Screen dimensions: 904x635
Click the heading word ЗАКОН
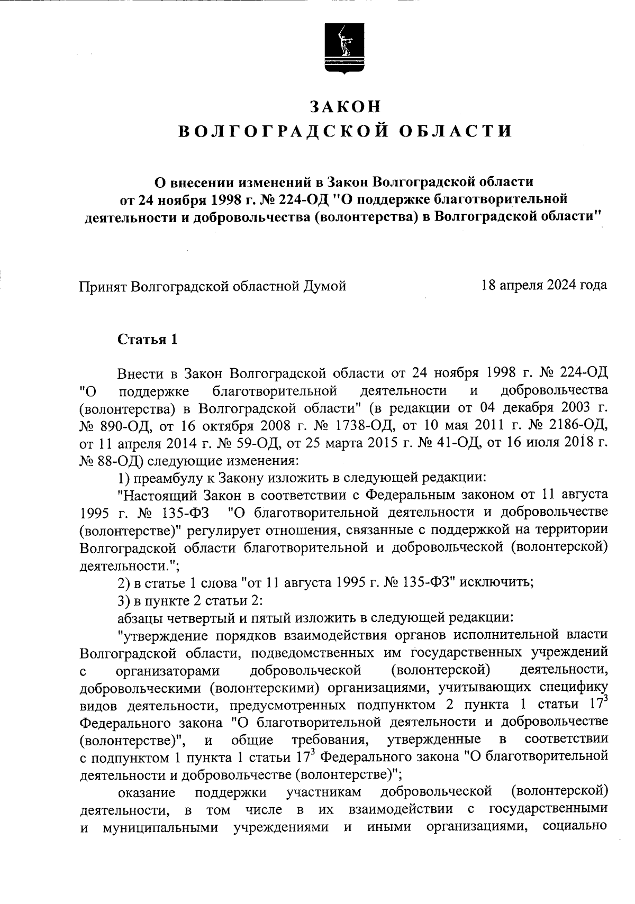pyautogui.click(x=345, y=106)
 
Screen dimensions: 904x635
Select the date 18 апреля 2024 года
pyautogui.click(x=544, y=286)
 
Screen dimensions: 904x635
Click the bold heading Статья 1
pyautogui.click(x=147, y=339)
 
